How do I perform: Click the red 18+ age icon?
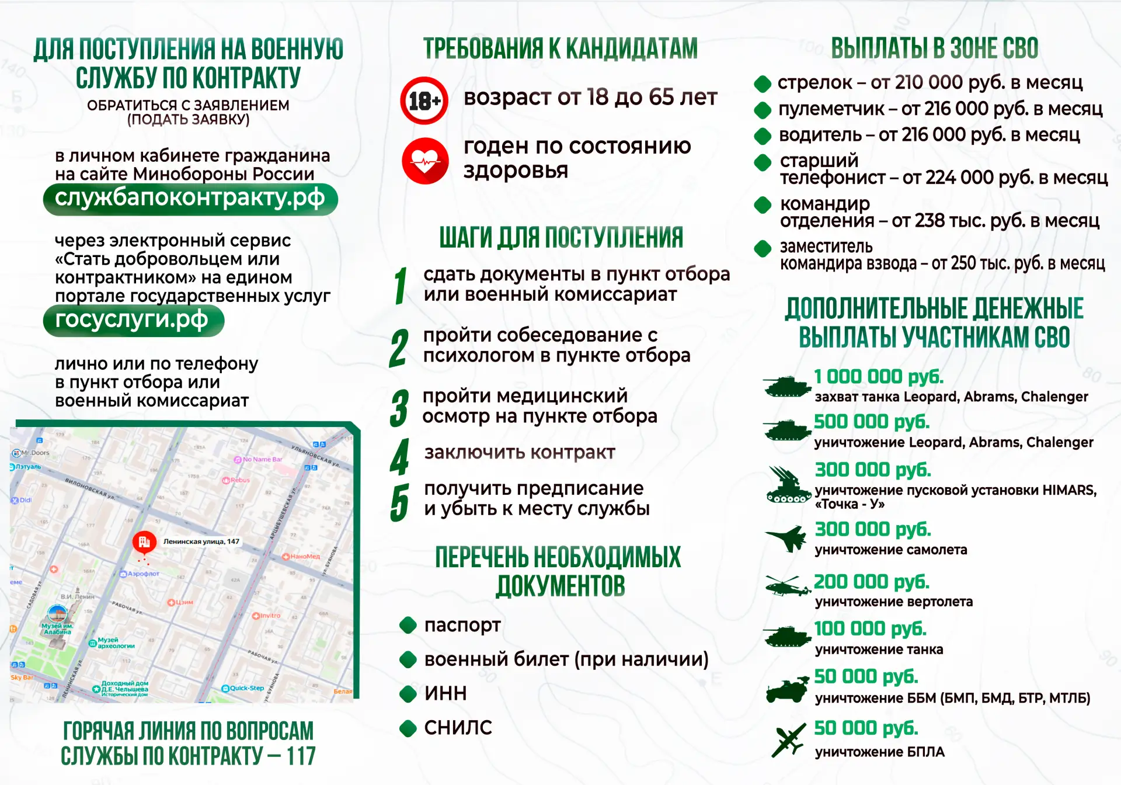424,100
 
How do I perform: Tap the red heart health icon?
425,161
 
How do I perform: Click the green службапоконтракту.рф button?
190,199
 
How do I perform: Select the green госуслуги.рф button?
133,321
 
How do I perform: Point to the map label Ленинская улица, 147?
201,541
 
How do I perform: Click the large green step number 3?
399,408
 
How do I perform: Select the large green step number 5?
399,502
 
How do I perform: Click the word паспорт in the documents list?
462,625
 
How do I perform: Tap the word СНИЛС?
458,728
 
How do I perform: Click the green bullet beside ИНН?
408,693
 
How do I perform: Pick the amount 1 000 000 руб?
878,377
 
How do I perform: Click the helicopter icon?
787,585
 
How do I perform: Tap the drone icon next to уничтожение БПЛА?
788,741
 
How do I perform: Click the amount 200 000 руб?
871,582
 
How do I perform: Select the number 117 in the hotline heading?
301,756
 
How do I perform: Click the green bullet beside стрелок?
763,84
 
